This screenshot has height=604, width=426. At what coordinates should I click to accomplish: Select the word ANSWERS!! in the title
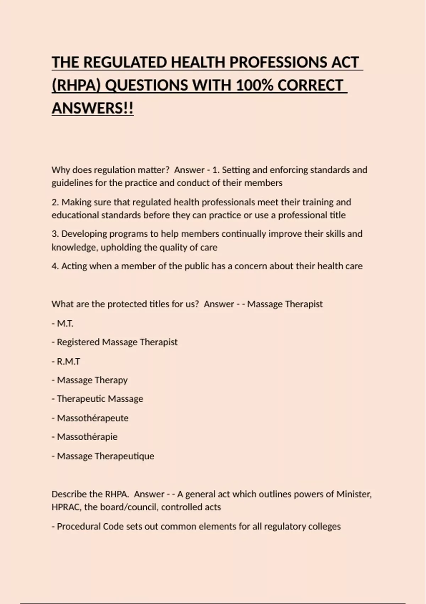pyautogui.click(x=93, y=108)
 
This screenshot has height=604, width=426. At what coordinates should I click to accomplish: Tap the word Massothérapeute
pyautogui.click(x=93, y=418)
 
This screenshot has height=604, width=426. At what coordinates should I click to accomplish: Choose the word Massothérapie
pyautogui.click(x=87, y=437)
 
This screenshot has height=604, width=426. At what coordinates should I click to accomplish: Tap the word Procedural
pyautogui.click(x=78, y=526)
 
